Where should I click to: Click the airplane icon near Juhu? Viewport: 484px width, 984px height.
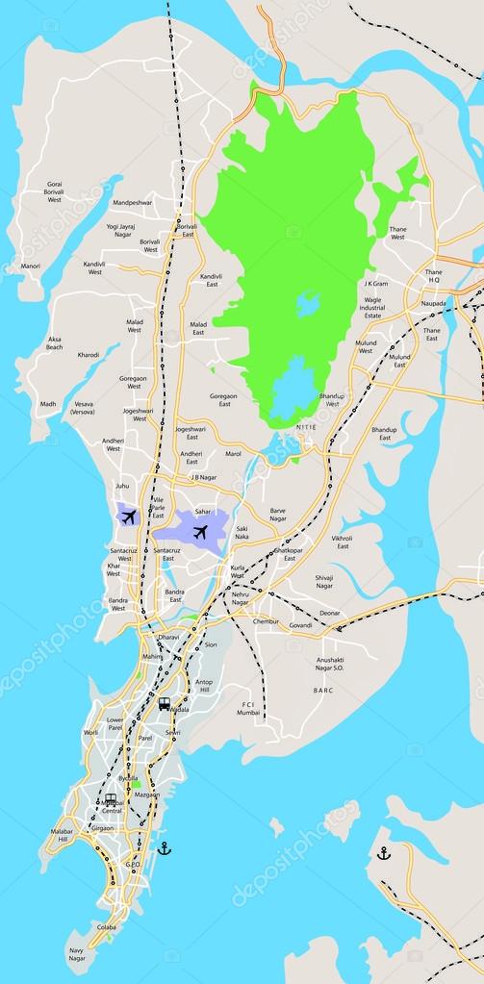tap(128, 517)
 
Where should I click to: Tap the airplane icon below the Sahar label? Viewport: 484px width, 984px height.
tap(200, 531)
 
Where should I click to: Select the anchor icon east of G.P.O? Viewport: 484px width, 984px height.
tap(164, 847)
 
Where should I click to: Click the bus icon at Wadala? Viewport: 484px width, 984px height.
tap(165, 703)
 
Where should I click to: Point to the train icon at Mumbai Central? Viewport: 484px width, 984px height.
tap(111, 799)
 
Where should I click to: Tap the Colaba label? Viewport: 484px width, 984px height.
tap(107, 927)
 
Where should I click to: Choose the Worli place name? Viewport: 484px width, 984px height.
tap(91, 732)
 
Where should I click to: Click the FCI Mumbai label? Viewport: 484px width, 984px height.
tap(249, 710)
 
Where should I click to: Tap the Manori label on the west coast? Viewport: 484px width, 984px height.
tap(31, 265)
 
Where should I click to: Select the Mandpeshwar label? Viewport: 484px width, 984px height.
tap(133, 203)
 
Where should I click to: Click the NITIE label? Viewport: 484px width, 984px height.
tap(305, 426)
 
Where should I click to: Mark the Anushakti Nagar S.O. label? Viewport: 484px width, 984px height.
tap(337, 663)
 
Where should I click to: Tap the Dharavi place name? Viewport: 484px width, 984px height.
tap(168, 637)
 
